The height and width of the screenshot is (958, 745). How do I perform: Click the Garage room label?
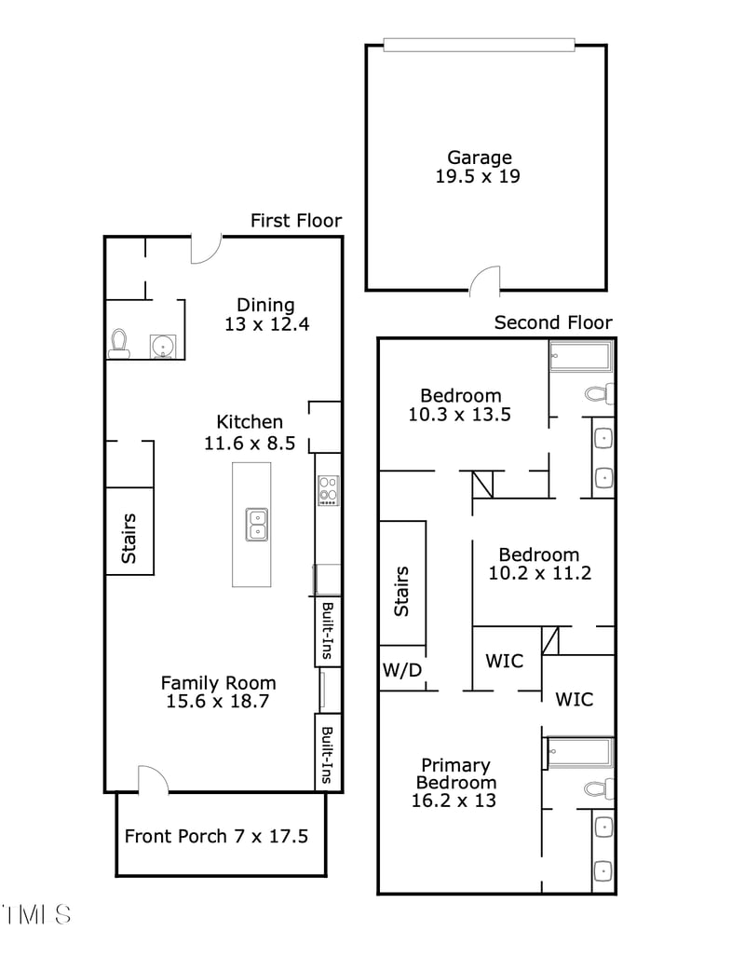(x=479, y=157)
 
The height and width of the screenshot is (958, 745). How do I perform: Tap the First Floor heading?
(x=296, y=221)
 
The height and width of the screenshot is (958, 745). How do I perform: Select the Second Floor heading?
(x=553, y=322)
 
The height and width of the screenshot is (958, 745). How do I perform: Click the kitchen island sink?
(x=256, y=524)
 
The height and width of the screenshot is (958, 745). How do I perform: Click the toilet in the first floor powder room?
(x=118, y=343)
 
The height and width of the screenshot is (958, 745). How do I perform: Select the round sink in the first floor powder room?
(x=164, y=345)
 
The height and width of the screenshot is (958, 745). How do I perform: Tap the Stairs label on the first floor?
(x=129, y=538)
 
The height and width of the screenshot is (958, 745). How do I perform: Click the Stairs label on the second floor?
(x=402, y=591)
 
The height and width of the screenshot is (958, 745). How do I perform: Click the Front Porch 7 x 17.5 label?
(x=216, y=836)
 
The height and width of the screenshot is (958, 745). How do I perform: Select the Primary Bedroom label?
(x=454, y=773)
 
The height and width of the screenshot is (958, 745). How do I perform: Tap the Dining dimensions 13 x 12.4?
(x=265, y=324)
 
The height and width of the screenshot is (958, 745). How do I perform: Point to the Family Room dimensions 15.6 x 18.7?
(x=218, y=702)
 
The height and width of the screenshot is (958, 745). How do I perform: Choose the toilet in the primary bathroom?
(x=599, y=789)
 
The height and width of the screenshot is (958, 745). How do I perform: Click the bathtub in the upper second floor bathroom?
(x=579, y=357)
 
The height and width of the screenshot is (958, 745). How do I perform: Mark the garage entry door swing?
(x=485, y=280)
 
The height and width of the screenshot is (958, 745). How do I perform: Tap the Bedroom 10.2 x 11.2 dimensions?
(x=539, y=573)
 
